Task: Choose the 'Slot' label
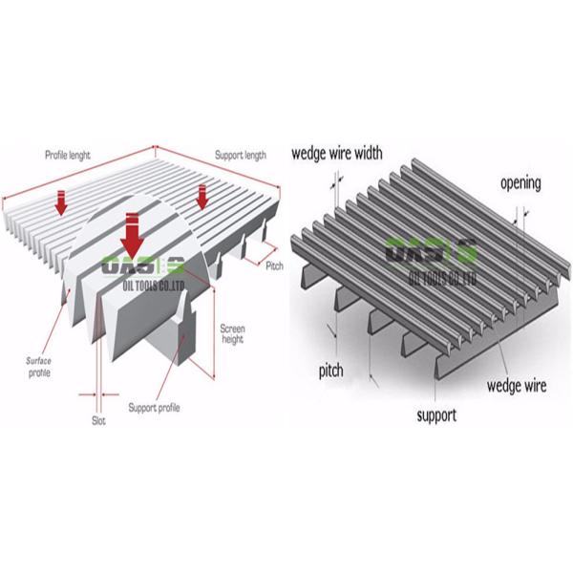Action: [x=98, y=420]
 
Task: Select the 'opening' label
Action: [x=520, y=182]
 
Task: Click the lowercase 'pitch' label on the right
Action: [x=330, y=368]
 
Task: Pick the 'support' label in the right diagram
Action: [x=436, y=415]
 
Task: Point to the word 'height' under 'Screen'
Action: [x=232, y=339]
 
